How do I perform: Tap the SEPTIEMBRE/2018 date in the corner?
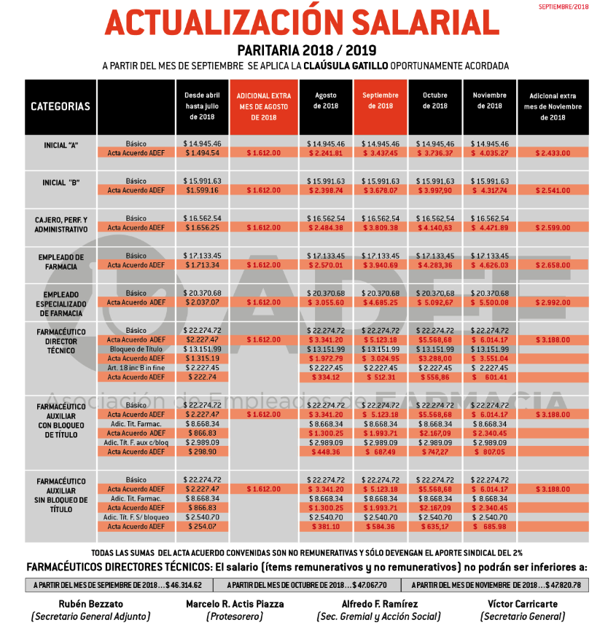tap(563, 7)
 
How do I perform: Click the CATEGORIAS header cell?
tap(61, 106)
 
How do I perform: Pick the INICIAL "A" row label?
tap(61, 144)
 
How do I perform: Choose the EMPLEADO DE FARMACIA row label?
tap(61, 262)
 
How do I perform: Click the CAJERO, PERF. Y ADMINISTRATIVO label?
tap(61, 224)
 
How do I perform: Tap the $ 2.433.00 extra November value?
tap(553, 153)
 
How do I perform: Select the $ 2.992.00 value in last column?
tap(553, 302)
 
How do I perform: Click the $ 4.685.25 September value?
tap(381, 302)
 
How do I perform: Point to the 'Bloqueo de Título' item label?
tap(136, 349)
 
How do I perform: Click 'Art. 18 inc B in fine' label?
tap(136, 368)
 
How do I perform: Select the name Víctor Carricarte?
tap(524, 604)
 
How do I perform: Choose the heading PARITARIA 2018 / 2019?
tap(306, 50)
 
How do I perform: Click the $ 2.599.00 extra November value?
tap(553, 228)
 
